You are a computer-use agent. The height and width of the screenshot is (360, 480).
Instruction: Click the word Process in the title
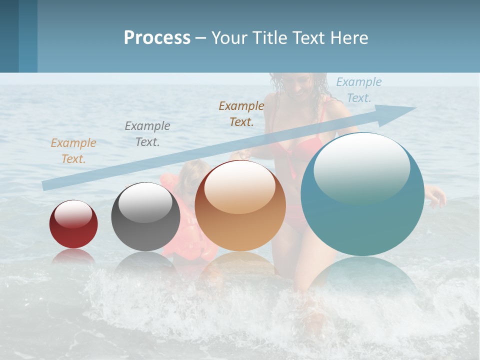click(157, 37)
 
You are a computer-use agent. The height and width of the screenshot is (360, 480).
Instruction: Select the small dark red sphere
click(73, 224)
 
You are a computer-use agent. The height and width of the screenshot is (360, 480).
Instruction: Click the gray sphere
click(145, 217)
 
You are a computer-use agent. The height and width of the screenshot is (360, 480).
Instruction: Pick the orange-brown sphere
click(240, 206)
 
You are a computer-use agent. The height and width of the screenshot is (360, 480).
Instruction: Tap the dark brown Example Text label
click(241, 114)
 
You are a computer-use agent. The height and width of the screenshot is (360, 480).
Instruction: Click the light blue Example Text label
click(358, 90)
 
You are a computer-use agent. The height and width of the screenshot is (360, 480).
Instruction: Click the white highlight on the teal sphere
click(361, 167)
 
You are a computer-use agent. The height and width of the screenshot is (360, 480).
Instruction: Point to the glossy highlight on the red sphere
click(73, 213)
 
